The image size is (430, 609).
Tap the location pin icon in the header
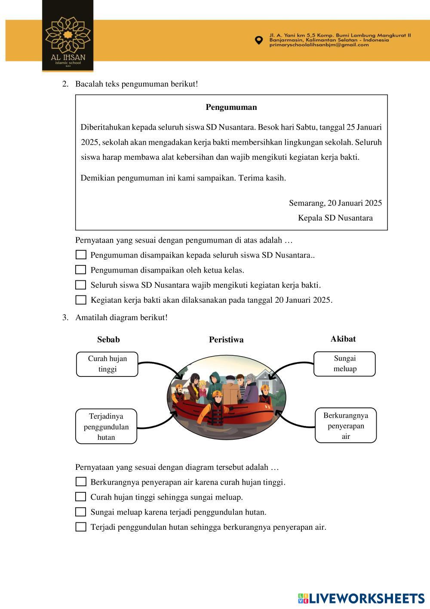tap(258, 40)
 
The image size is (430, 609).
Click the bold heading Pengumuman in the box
tap(231, 107)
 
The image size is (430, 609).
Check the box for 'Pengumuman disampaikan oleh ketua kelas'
tap(81, 270)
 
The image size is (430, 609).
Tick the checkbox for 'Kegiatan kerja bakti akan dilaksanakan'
tap(81, 300)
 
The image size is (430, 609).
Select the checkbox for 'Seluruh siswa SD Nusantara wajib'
tap(81, 285)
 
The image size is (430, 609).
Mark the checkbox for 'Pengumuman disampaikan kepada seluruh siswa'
tap(81, 255)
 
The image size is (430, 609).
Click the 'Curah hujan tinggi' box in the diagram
tap(107, 364)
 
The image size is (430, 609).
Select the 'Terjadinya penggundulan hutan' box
tap(106, 426)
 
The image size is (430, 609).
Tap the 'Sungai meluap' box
tap(344, 364)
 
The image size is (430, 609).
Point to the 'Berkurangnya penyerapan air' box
tap(346, 426)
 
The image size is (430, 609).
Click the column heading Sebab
tap(108, 339)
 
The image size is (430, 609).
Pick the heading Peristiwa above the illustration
tap(226, 339)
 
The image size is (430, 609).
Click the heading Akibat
tap(343, 339)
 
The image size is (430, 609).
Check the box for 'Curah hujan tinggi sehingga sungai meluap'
tap(81, 497)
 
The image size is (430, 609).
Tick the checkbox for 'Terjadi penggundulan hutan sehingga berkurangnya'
tap(81, 527)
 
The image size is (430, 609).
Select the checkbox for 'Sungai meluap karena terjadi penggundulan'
tap(81, 512)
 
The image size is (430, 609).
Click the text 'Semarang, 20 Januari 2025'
tap(335, 203)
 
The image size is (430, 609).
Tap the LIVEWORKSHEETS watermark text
tap(367, 598)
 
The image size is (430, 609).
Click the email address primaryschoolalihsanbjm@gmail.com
tap(319, 45)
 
